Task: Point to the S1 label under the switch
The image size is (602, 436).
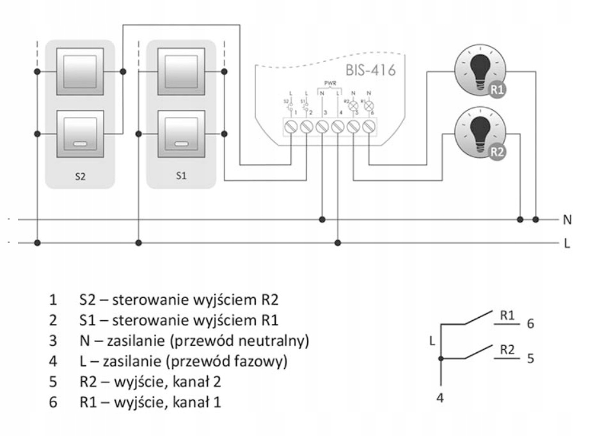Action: [x=182, y=177]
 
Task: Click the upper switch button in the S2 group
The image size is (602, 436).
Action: [x=79, y=72]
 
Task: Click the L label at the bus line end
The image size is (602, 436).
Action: [x=567, y=243]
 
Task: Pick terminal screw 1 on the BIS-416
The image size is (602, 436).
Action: [x=292, y=127]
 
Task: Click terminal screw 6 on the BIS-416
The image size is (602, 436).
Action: [x=368, y=127]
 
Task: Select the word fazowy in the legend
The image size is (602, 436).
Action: [x=258, y=361]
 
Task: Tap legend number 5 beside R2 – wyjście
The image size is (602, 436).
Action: [x=52, y=382]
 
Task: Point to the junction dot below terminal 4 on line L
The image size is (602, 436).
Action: [x=338, y=243]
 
